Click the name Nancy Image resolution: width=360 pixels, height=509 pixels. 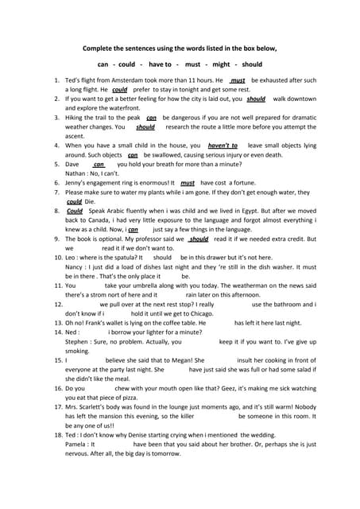pyautogui.click(x=75, y=267)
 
